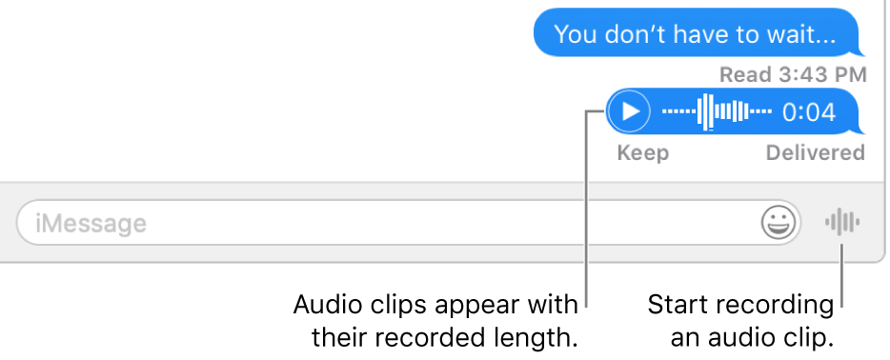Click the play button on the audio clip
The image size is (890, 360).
pos(629,112)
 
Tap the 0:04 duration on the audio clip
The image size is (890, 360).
pos(808,113)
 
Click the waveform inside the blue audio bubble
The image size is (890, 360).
pos(717,112)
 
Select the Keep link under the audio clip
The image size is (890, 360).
pos(643,153)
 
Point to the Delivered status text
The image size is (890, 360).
pos(816,153)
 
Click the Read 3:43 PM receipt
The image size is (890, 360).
pos(793,74)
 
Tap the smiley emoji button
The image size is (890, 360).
pos(779,224)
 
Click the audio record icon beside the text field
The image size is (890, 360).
pos(842,224)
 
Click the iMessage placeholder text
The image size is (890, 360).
pos(91,225)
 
